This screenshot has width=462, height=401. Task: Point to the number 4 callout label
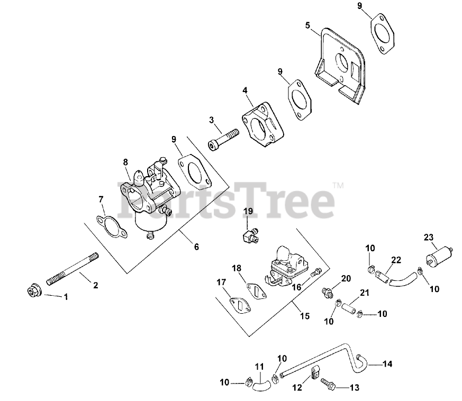pos(244,90)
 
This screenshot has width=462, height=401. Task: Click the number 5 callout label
pos(307,25)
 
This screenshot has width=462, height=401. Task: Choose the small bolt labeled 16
pos(316,272)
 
